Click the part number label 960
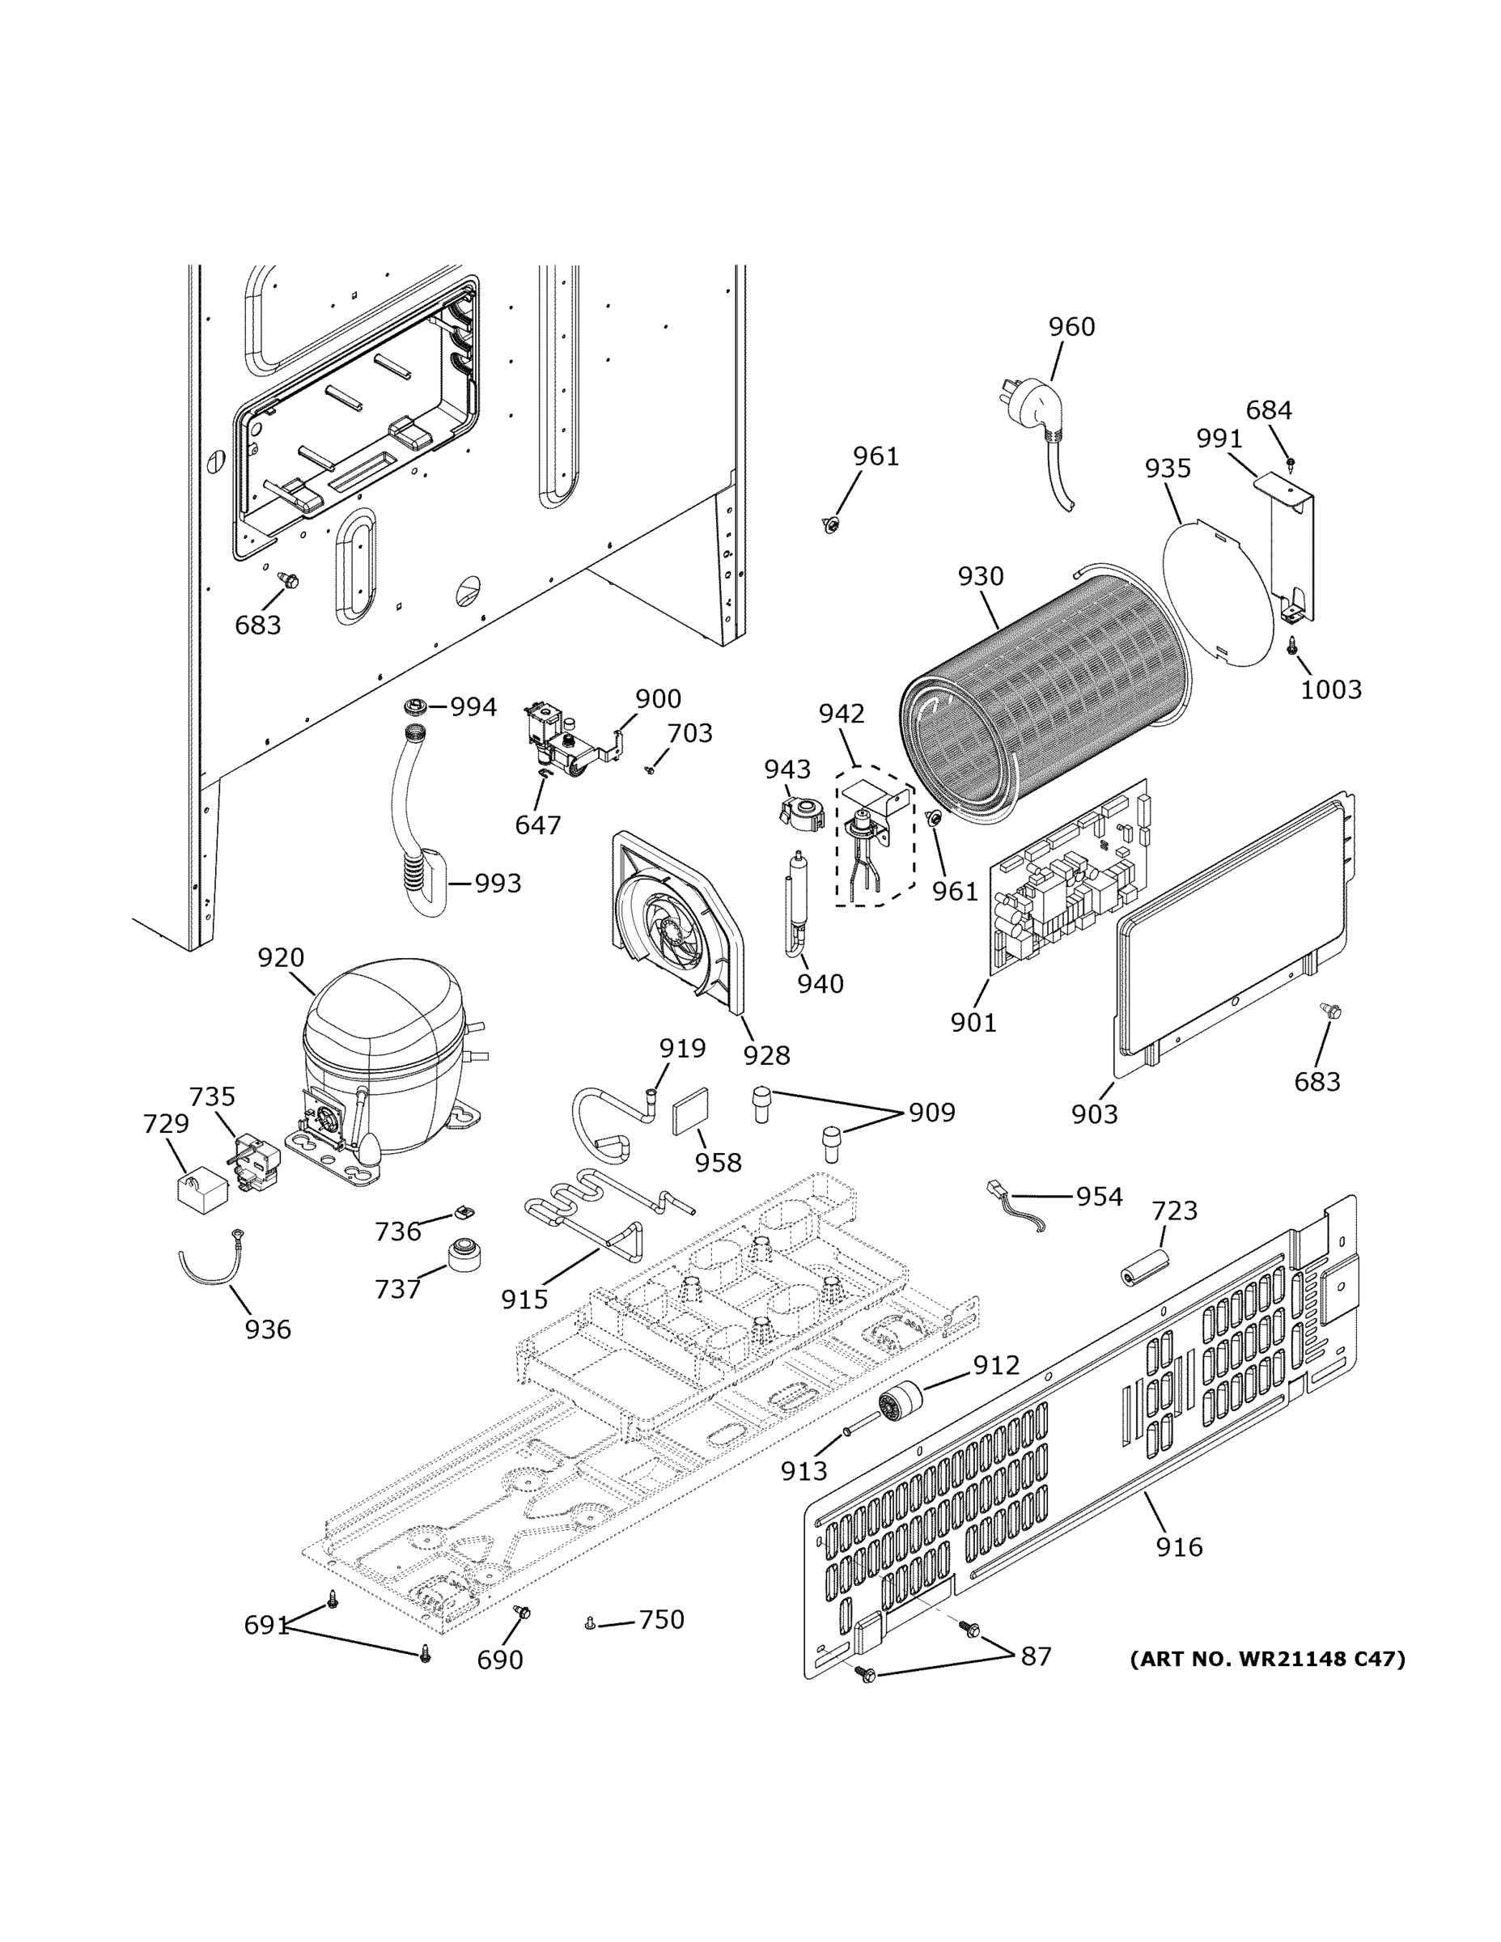(1071, 327)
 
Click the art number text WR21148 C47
(1267, 1660)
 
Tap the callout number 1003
(1330, 689)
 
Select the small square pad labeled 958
(692, 1113)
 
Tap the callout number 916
(1179, 1547)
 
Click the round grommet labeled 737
(465, 1253)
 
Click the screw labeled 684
(1291, 462)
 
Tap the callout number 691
(267, 1626)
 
